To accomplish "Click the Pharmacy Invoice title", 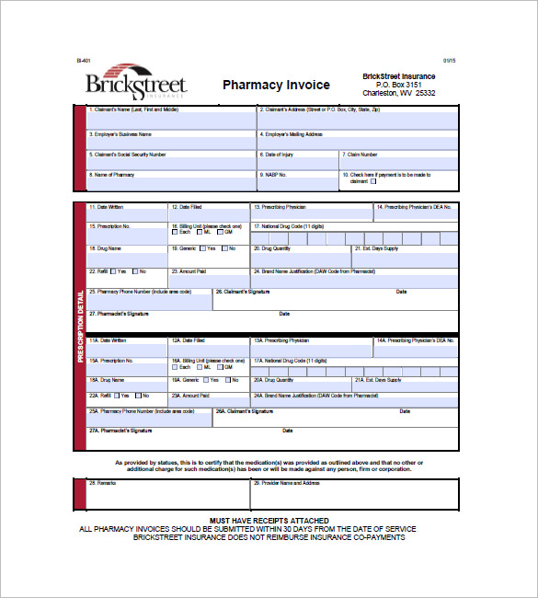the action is [x=276, y=85].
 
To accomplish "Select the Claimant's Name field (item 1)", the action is [x=171, y=121].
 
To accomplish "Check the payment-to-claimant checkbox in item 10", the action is [x=373, y=181].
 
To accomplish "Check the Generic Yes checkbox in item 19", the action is [x=201, y=248].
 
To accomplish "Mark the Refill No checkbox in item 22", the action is [x=135, y=271].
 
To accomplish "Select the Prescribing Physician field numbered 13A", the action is [x=309, y=346].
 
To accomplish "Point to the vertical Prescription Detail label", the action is [x=80, y=326].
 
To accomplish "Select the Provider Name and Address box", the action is [x=353, y=496].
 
